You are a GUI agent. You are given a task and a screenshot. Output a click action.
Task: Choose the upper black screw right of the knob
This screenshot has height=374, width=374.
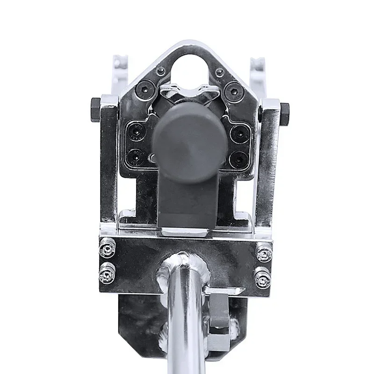coord(238,133)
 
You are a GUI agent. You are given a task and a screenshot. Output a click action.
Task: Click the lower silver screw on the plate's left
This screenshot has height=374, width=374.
coord(107,274)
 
